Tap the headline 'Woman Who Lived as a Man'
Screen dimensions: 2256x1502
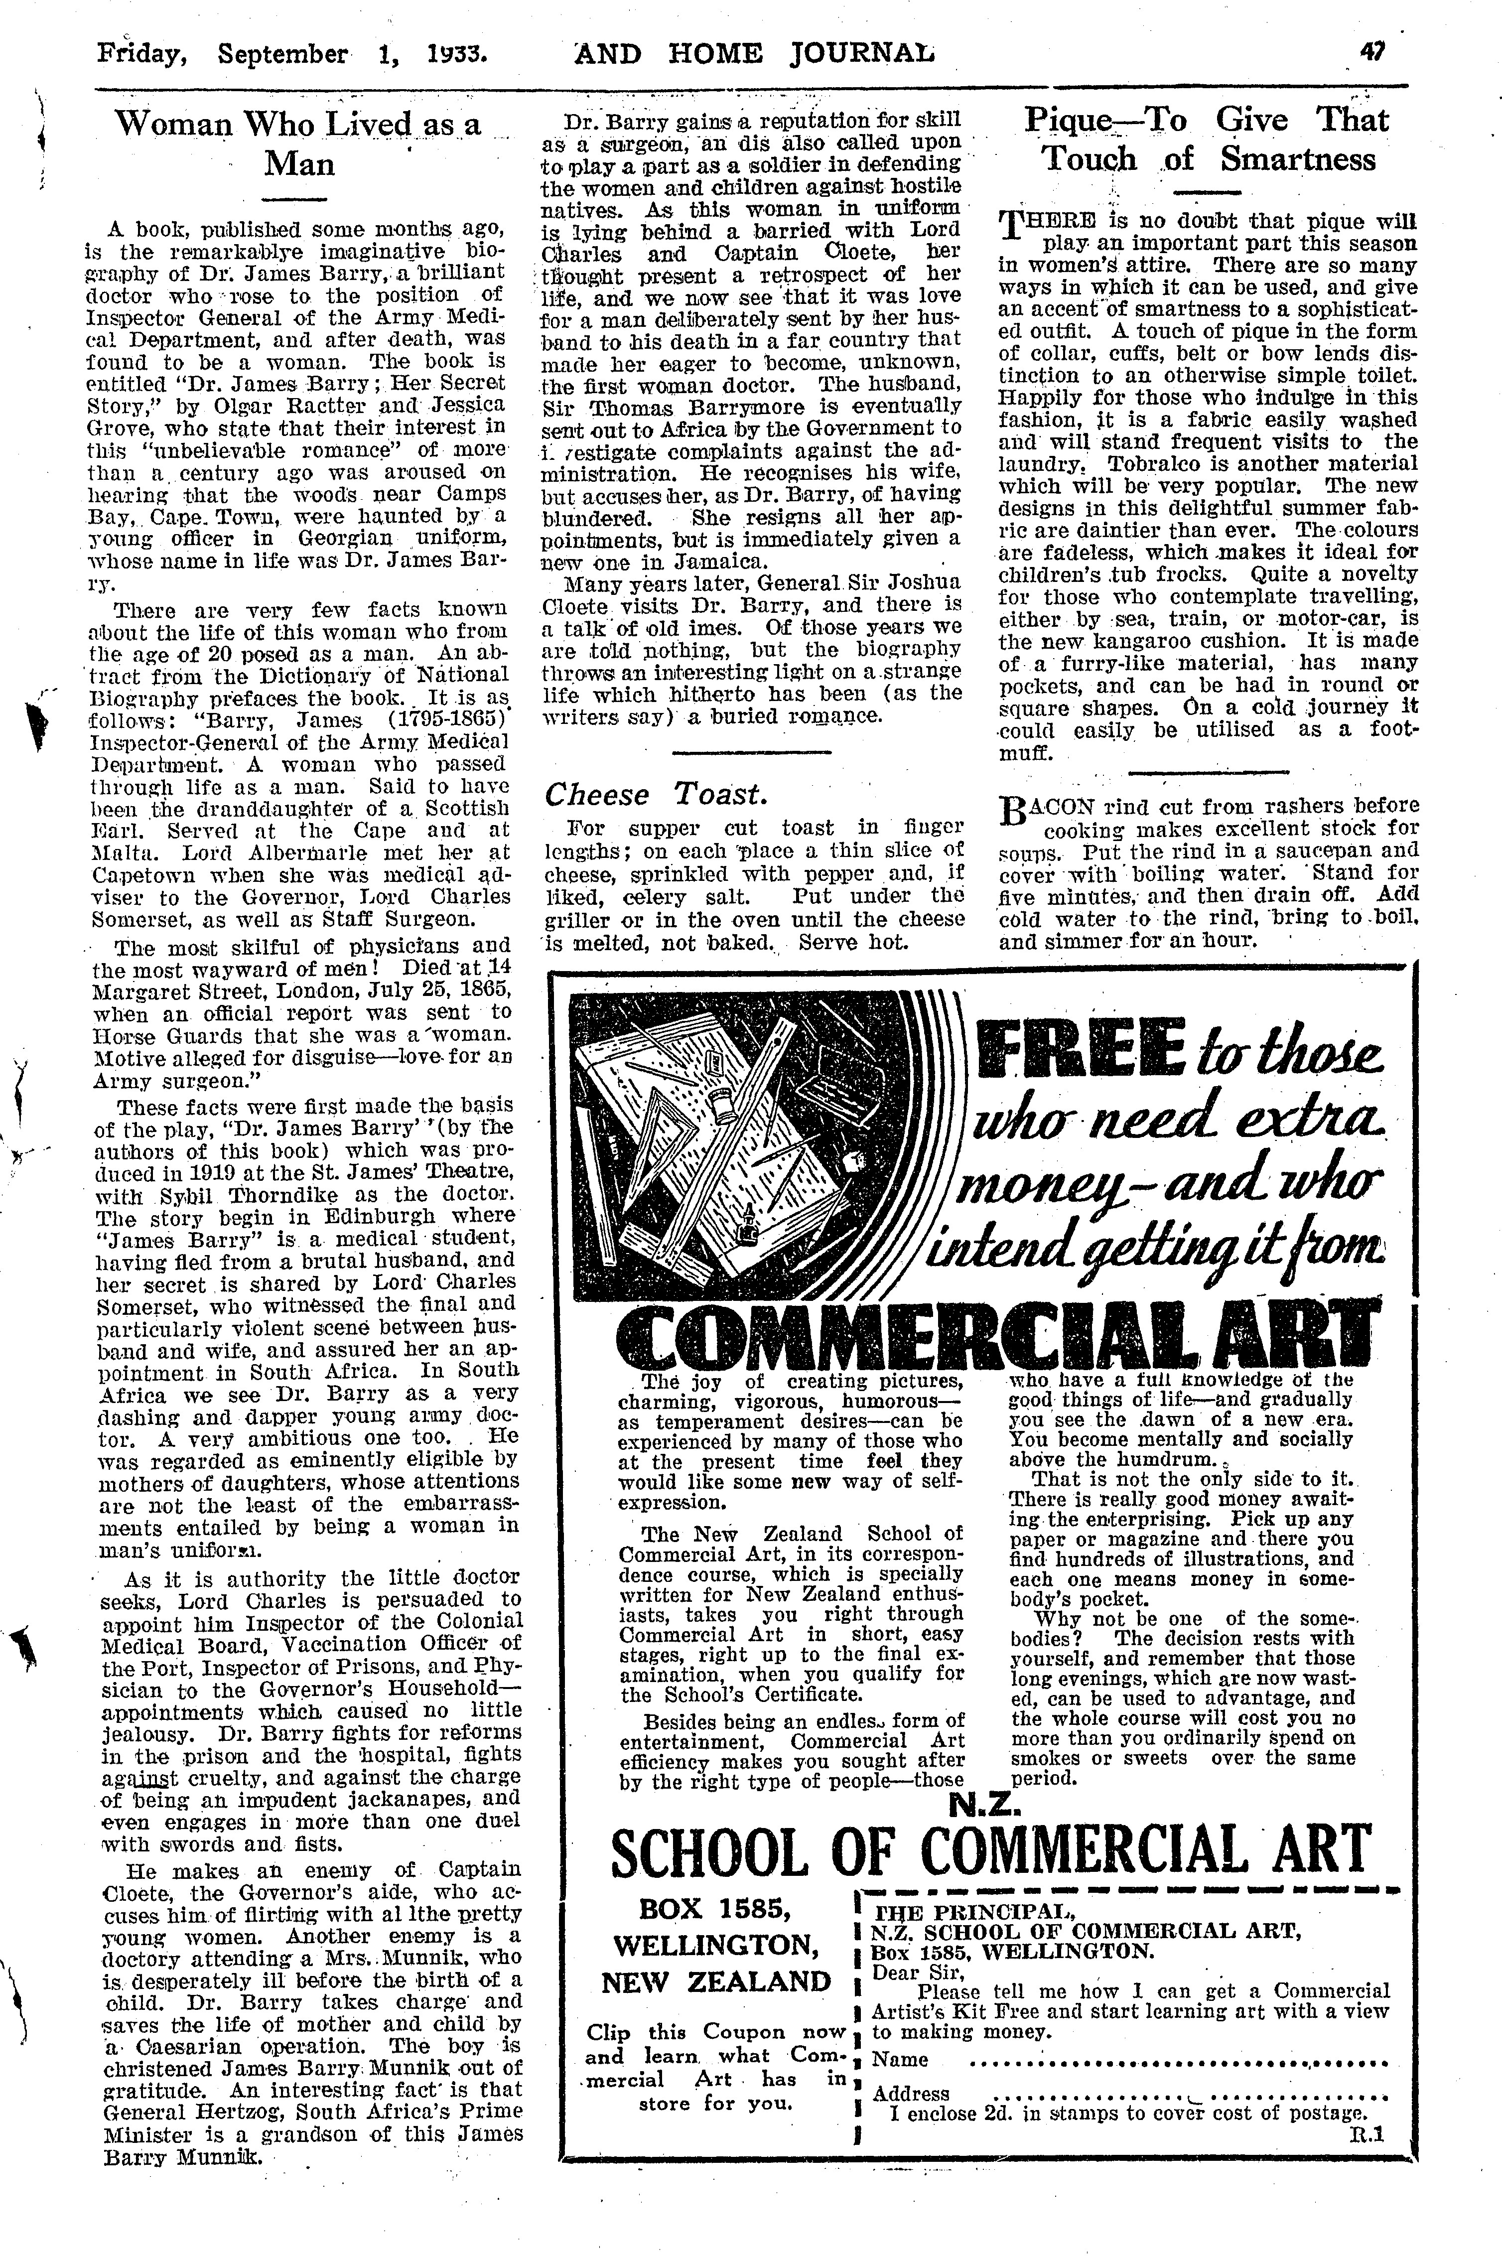299,142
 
